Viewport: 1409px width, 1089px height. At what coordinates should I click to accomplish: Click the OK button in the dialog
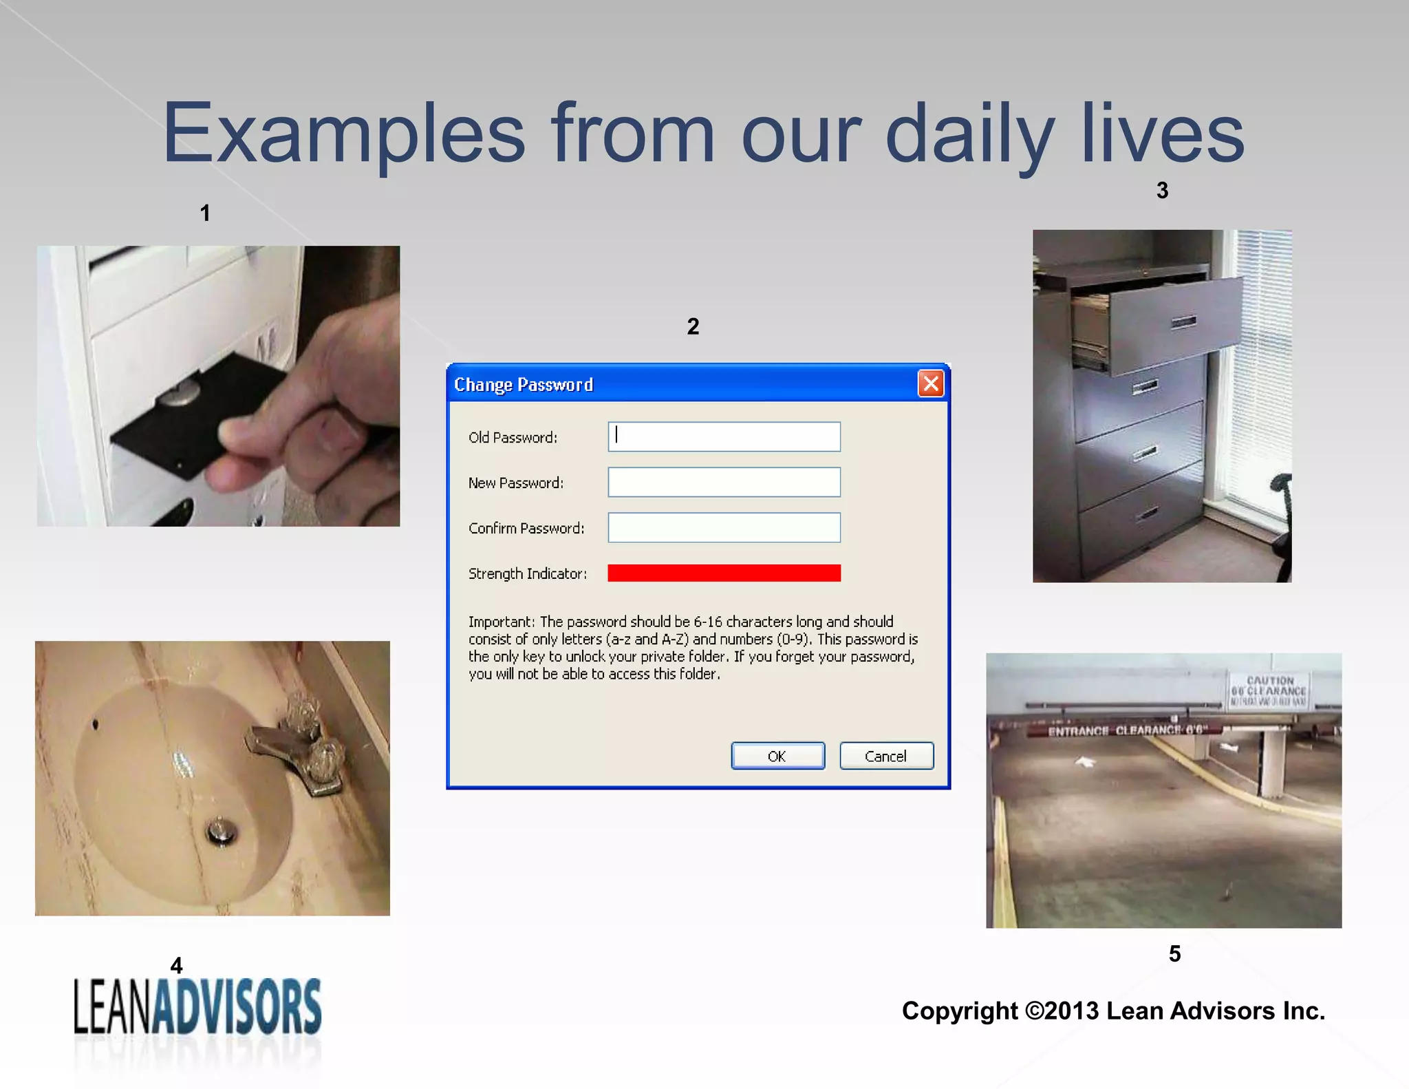click(777, 756)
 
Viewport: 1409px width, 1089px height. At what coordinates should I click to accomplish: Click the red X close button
click(931, 383)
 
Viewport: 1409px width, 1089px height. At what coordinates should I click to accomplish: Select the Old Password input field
click(724, 436)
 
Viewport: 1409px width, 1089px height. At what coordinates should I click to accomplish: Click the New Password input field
click(724, 482)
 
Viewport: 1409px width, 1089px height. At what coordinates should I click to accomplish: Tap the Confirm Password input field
click(724, 527)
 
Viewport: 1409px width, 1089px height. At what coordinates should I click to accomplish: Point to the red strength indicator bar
click(724, 573)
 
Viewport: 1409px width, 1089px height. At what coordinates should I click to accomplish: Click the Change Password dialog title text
click(523, 384)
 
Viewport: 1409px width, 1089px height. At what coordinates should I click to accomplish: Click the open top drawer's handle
click(1183, 321)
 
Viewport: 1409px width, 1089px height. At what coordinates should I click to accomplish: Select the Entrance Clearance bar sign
click(1125, 730)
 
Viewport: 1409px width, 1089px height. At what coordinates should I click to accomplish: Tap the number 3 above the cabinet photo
click(1162, 191)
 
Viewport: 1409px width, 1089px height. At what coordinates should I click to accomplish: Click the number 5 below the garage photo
click(1174, 953)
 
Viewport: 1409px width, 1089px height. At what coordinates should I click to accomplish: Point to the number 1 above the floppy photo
click(205, 213)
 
